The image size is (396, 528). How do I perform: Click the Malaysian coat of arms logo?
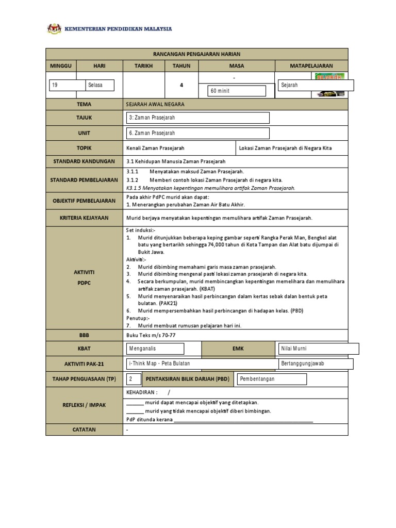54,29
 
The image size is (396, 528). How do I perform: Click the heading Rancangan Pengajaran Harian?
197,54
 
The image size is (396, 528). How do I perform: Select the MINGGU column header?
61,66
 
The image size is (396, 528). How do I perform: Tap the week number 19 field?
67,85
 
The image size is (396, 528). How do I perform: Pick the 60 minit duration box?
236,91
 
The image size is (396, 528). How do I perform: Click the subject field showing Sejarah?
316,85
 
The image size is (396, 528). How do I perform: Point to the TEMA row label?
84,104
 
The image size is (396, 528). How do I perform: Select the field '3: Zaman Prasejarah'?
198,118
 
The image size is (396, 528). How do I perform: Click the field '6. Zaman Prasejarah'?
198,133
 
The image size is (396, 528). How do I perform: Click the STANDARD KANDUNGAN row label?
84,161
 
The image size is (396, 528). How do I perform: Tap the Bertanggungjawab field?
316,364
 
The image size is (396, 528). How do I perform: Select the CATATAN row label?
84,429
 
